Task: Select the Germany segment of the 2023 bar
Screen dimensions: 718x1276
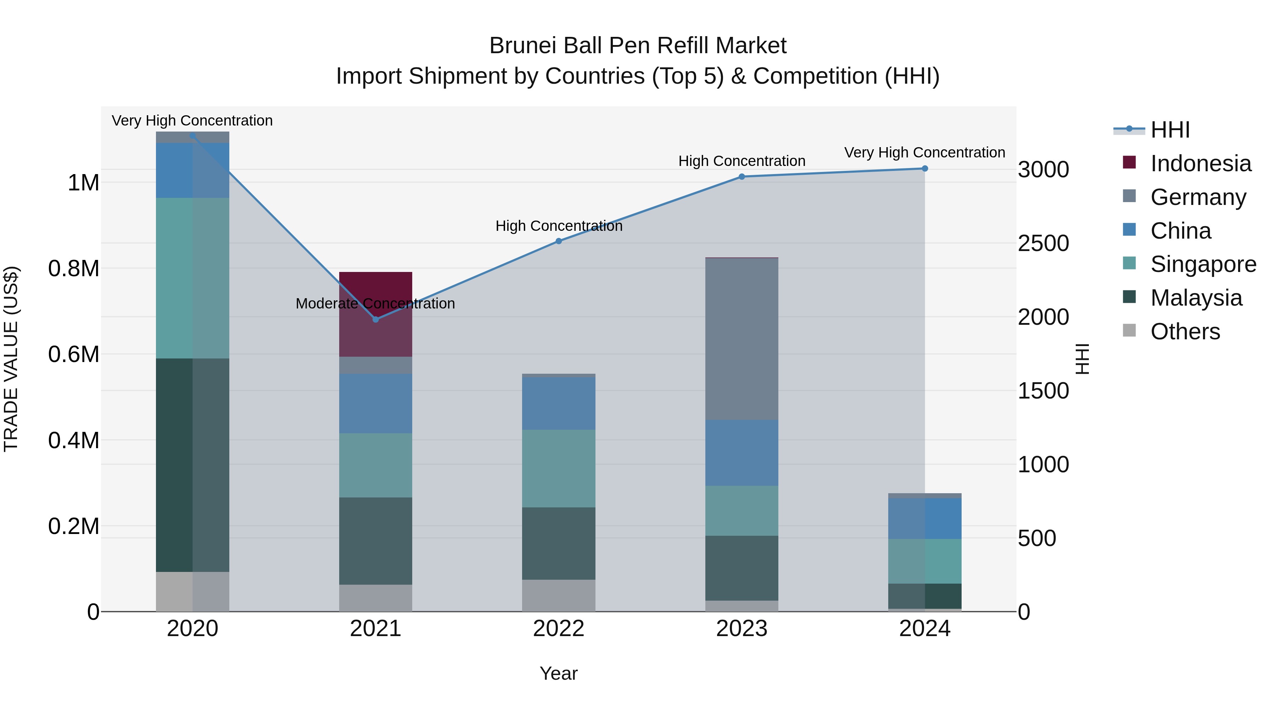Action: (x=741, y=339)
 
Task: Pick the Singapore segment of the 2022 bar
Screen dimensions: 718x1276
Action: (x=558, y=468)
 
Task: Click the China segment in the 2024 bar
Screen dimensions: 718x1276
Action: (x=924, y=518)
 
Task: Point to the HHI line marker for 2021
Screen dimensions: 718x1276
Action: (x=375, y=319)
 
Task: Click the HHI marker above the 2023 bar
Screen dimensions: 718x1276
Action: (x=741, y=177)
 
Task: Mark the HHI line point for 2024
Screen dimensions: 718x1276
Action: (x=924, y=168)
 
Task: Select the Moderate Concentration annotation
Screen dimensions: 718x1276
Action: (x=375, y=303)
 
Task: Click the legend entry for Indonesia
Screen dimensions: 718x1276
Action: (x=1200, y=163)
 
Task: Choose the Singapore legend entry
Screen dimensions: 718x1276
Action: (x=1203, y=264)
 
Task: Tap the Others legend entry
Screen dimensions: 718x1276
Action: (x=1185, y=332)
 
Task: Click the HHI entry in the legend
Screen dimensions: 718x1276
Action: (x=1170, y=130)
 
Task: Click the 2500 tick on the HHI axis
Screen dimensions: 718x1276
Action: (x=1043, y=243)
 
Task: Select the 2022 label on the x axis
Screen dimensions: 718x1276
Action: (x=558, y=629)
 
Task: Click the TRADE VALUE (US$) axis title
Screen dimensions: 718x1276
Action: (x=11, y=359)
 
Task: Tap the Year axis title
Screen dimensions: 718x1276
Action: (x=558, y=673)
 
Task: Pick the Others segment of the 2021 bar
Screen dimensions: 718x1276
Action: (x=375, y=598)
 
